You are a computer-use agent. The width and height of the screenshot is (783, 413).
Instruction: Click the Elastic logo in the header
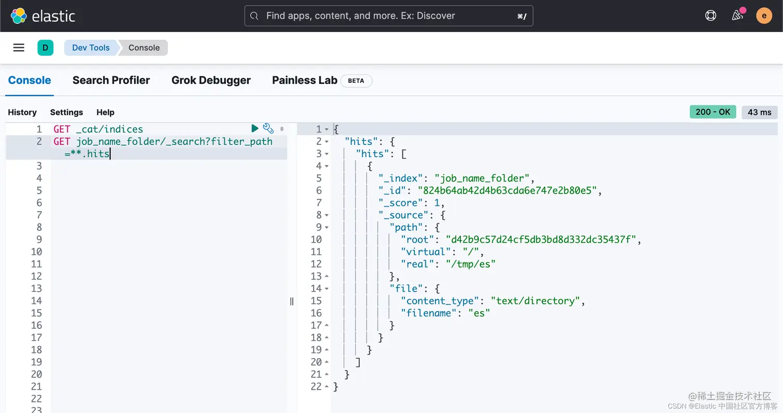pos(43,16)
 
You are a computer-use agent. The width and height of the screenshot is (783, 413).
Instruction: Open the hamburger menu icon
pos(19,48)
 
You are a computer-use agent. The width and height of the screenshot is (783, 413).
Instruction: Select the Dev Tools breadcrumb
pos(91,48)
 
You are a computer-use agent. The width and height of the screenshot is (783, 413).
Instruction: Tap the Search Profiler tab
pos(111,80)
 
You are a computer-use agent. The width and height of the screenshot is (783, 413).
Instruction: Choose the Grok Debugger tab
pos(211,80)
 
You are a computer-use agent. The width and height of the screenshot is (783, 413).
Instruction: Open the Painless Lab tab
pos(304,80)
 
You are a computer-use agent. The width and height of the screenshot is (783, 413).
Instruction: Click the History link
pos(22,112)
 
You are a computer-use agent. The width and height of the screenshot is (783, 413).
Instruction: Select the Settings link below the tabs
pos(66,112)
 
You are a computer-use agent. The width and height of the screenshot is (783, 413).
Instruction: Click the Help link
pos(105,112)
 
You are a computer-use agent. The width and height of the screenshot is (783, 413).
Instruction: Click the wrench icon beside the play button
pos(268,128)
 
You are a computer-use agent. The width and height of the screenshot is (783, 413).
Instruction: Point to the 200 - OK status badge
pos(713,112)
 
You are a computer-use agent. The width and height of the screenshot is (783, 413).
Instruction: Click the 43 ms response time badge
pos(759,112)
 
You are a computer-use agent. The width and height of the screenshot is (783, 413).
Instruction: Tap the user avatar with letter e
pos(764,16)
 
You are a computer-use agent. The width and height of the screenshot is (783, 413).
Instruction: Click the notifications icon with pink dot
pos(737,16)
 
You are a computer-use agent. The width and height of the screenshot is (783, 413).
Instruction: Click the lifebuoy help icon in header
pos(711,16)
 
